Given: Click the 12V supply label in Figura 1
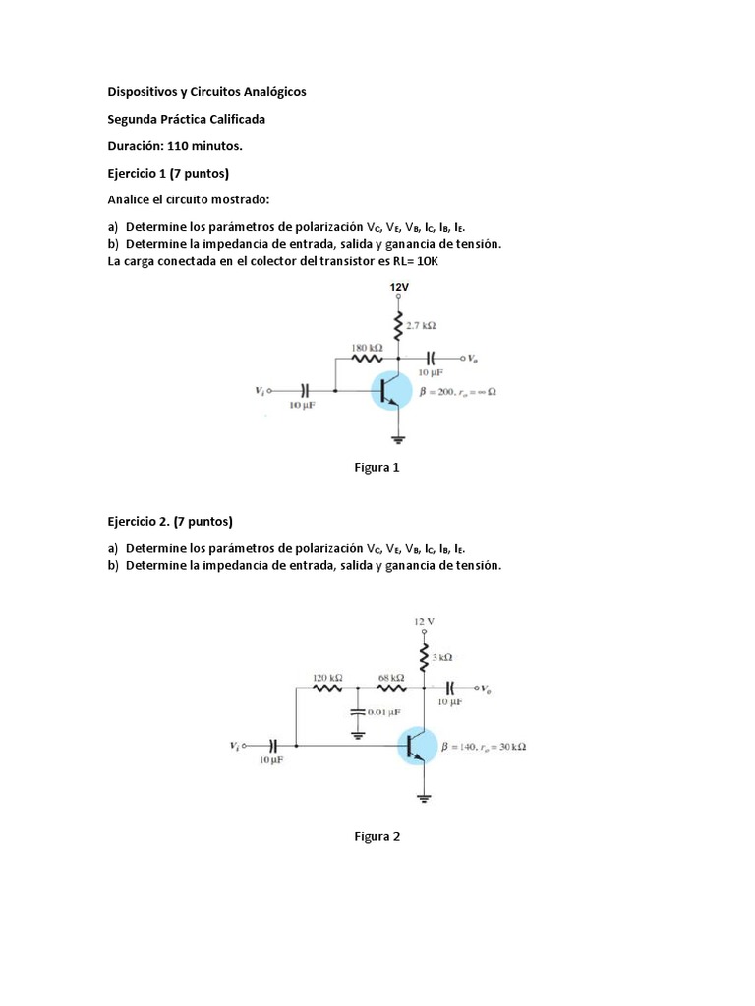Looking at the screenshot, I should pos(398,287).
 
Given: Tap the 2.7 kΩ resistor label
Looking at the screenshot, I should pos(421,325).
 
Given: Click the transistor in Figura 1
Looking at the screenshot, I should pos(394,390).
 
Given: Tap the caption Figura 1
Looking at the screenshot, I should pos(377,468).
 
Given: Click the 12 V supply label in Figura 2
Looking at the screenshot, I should pos(424,621).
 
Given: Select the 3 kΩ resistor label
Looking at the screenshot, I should pos(441,656).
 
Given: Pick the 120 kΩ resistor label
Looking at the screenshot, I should pos(327,678).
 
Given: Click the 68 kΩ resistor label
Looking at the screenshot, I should pos(391,678).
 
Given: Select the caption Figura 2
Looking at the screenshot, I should pos(377,837).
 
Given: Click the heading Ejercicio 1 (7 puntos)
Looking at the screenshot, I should pos(168,174).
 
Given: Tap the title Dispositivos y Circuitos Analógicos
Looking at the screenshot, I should pos(206,91).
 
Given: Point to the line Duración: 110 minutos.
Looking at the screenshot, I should pos(174,146).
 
